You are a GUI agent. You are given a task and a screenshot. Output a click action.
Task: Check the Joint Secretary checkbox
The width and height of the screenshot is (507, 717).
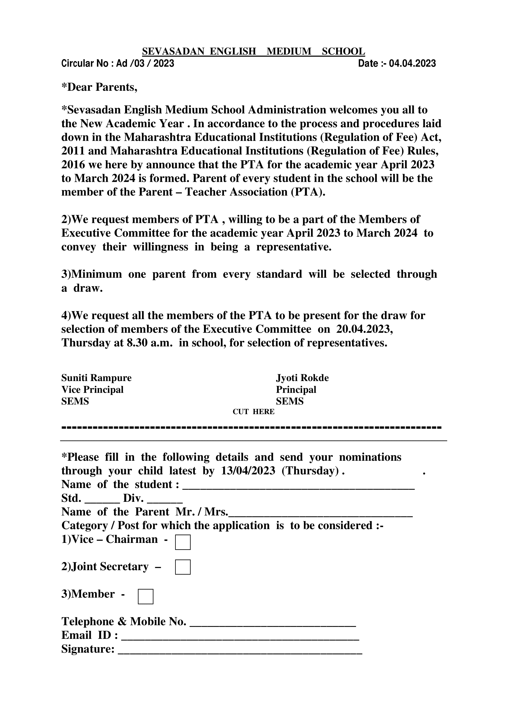pos(183,567)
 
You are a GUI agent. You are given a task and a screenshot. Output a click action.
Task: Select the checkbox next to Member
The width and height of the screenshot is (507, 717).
pos(146,597)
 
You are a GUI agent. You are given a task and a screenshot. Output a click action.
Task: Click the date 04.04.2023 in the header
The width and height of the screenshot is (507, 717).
pos(412,64)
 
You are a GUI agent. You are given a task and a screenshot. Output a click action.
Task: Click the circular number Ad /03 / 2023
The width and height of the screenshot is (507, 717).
pos(145,64)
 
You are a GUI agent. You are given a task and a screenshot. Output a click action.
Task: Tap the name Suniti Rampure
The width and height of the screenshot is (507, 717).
pos(96,378)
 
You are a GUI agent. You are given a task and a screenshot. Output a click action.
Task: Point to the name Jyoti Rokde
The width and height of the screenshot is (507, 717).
pos(302,378)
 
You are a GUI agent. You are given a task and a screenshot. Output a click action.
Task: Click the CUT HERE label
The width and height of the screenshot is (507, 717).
pos(253,412)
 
